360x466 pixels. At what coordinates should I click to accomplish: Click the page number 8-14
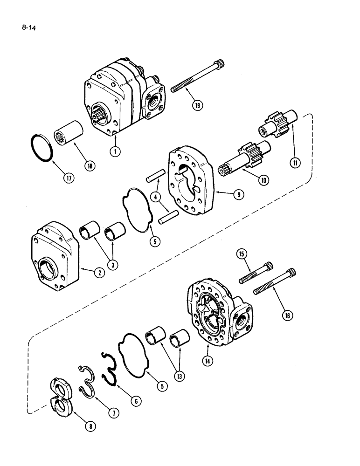click(x=29, y=28)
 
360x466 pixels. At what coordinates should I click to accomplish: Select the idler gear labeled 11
click(x=275, y=128)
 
